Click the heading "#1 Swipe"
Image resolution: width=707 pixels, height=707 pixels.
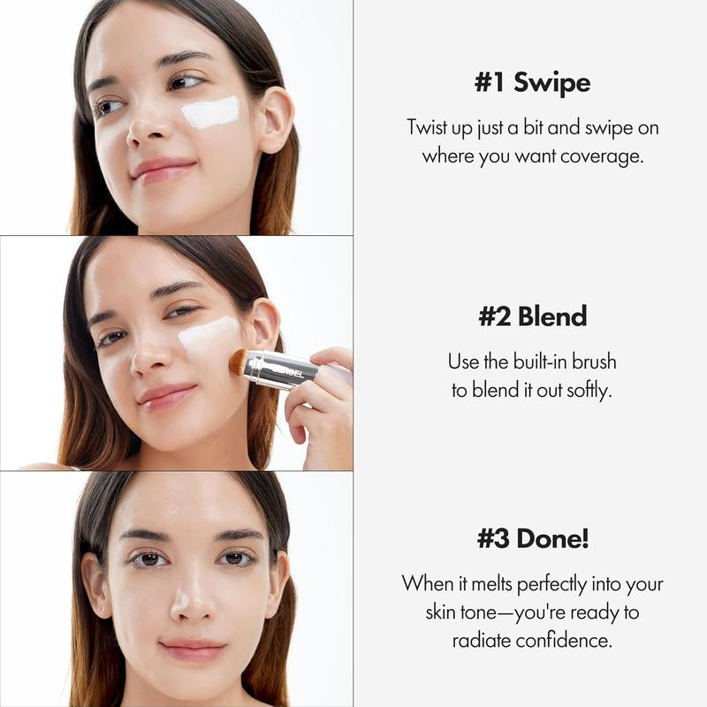pyautogui.click(x=532, y=84)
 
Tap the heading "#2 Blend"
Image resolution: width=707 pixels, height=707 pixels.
pyautogui.click(x=532, y=317)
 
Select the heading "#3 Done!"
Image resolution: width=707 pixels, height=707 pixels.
pyautogui.click(x=532, y=539)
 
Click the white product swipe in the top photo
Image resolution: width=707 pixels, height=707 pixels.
pyautogui.click(x=210, y=112)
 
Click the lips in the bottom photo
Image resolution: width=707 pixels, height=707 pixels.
pyautogui.click(x=193, y=650)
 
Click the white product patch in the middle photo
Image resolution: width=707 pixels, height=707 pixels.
pyautogui.click(x=209, y=336)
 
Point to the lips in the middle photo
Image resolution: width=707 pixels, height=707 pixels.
pyautogui.click(x=165, y=396)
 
